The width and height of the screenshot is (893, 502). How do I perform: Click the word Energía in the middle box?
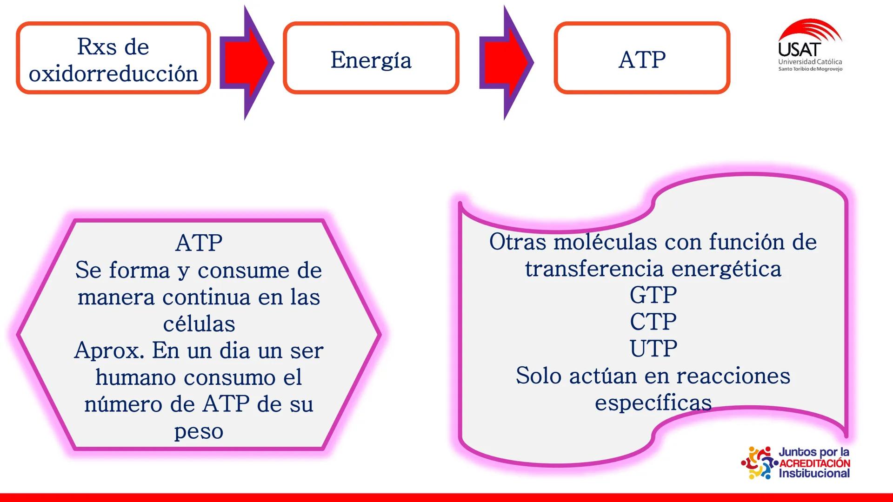[371, 60]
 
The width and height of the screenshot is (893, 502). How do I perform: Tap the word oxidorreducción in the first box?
[113, 74]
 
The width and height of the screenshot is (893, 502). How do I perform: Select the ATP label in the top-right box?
[642, 60]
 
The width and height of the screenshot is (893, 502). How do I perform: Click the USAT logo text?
[800, 49]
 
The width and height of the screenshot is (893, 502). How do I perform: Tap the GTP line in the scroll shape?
[653, 295]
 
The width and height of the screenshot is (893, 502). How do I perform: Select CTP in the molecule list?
[653, 322]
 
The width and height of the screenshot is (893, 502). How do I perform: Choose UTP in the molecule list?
[653, 349]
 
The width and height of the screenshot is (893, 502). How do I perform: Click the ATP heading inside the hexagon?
[199, 243]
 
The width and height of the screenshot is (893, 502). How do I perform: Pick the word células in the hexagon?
[199, 324]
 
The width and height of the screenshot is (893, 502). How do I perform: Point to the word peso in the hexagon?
[199, 432]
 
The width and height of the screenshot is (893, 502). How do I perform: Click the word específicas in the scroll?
[653, 403]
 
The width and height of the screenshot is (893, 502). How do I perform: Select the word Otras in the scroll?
[517, 242]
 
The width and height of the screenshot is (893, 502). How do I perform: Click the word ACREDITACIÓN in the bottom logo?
[814, 463]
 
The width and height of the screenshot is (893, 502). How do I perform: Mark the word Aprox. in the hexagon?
[109, 350]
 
